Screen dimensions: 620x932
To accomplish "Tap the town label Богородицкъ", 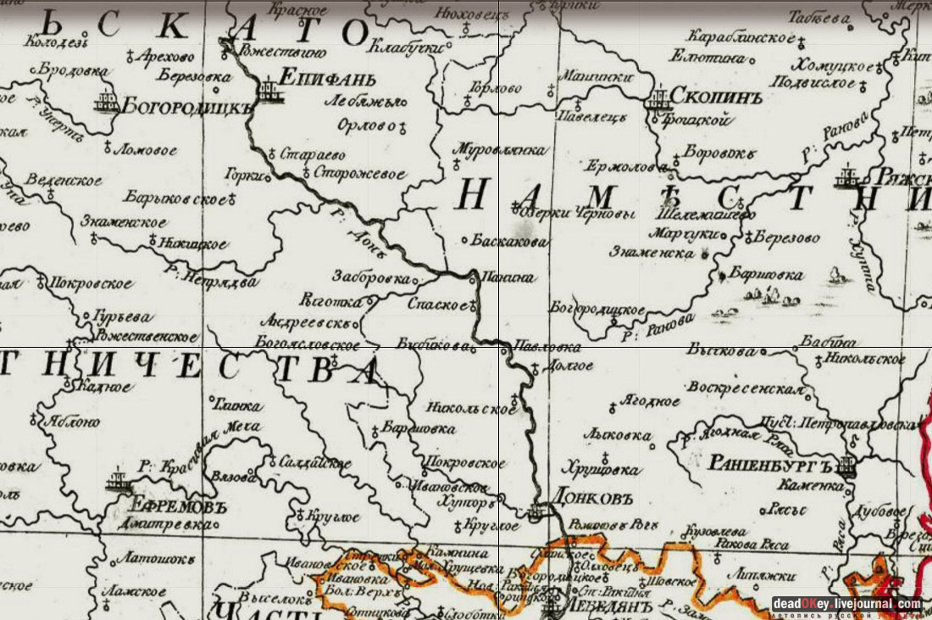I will point(188,106).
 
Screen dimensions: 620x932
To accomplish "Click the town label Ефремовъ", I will point(177,506).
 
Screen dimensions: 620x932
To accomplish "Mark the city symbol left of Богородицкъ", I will point(106,102).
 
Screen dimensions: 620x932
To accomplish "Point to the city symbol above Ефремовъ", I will point(118,483).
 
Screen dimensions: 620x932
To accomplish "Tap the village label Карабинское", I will point(741,38).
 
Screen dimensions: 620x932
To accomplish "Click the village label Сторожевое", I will point(359,174).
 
